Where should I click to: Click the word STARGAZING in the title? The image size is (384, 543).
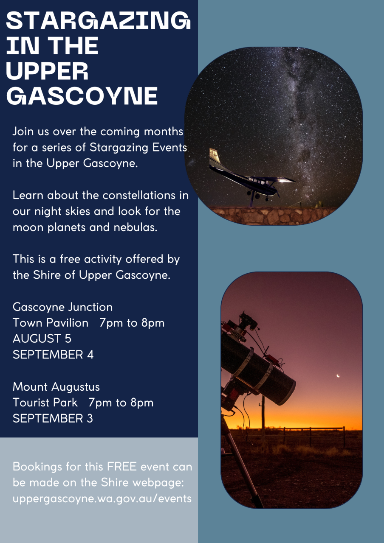[98, 20]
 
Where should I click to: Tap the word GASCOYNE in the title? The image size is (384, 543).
[82, 96]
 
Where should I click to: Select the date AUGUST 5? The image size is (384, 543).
[42, 339]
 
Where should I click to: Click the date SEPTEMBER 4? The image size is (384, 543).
[53, 355]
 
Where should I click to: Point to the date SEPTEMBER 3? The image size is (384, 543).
[53, 419]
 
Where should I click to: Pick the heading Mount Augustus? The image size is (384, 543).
[56, 387]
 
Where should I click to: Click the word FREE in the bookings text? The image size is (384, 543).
[122, 467]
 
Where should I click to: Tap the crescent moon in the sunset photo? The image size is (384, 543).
[338, 376]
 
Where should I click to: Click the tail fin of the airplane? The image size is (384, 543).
[215, 157]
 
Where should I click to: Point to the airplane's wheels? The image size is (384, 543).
[257, 195]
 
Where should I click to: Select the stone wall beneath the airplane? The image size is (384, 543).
[272, 216]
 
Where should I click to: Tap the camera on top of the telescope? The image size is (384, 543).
[248, 320]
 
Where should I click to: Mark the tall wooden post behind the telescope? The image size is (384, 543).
[263, 417]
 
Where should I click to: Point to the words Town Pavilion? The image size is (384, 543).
[51, 323]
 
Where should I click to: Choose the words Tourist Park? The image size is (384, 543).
[45, 403]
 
